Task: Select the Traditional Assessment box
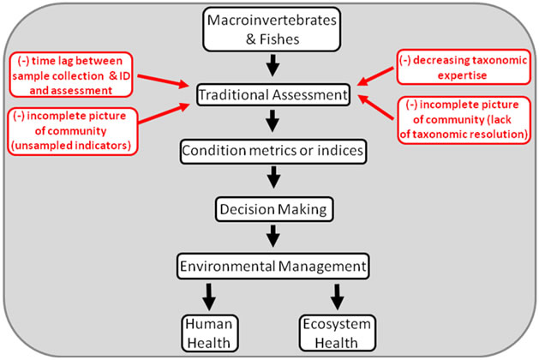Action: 272,93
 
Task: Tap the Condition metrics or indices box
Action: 272,151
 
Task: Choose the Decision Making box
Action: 272,207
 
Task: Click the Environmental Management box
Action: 272,266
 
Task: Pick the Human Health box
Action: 208,331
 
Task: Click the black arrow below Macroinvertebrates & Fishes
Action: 272,63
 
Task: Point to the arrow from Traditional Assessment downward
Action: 272,122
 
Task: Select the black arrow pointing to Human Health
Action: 208,297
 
